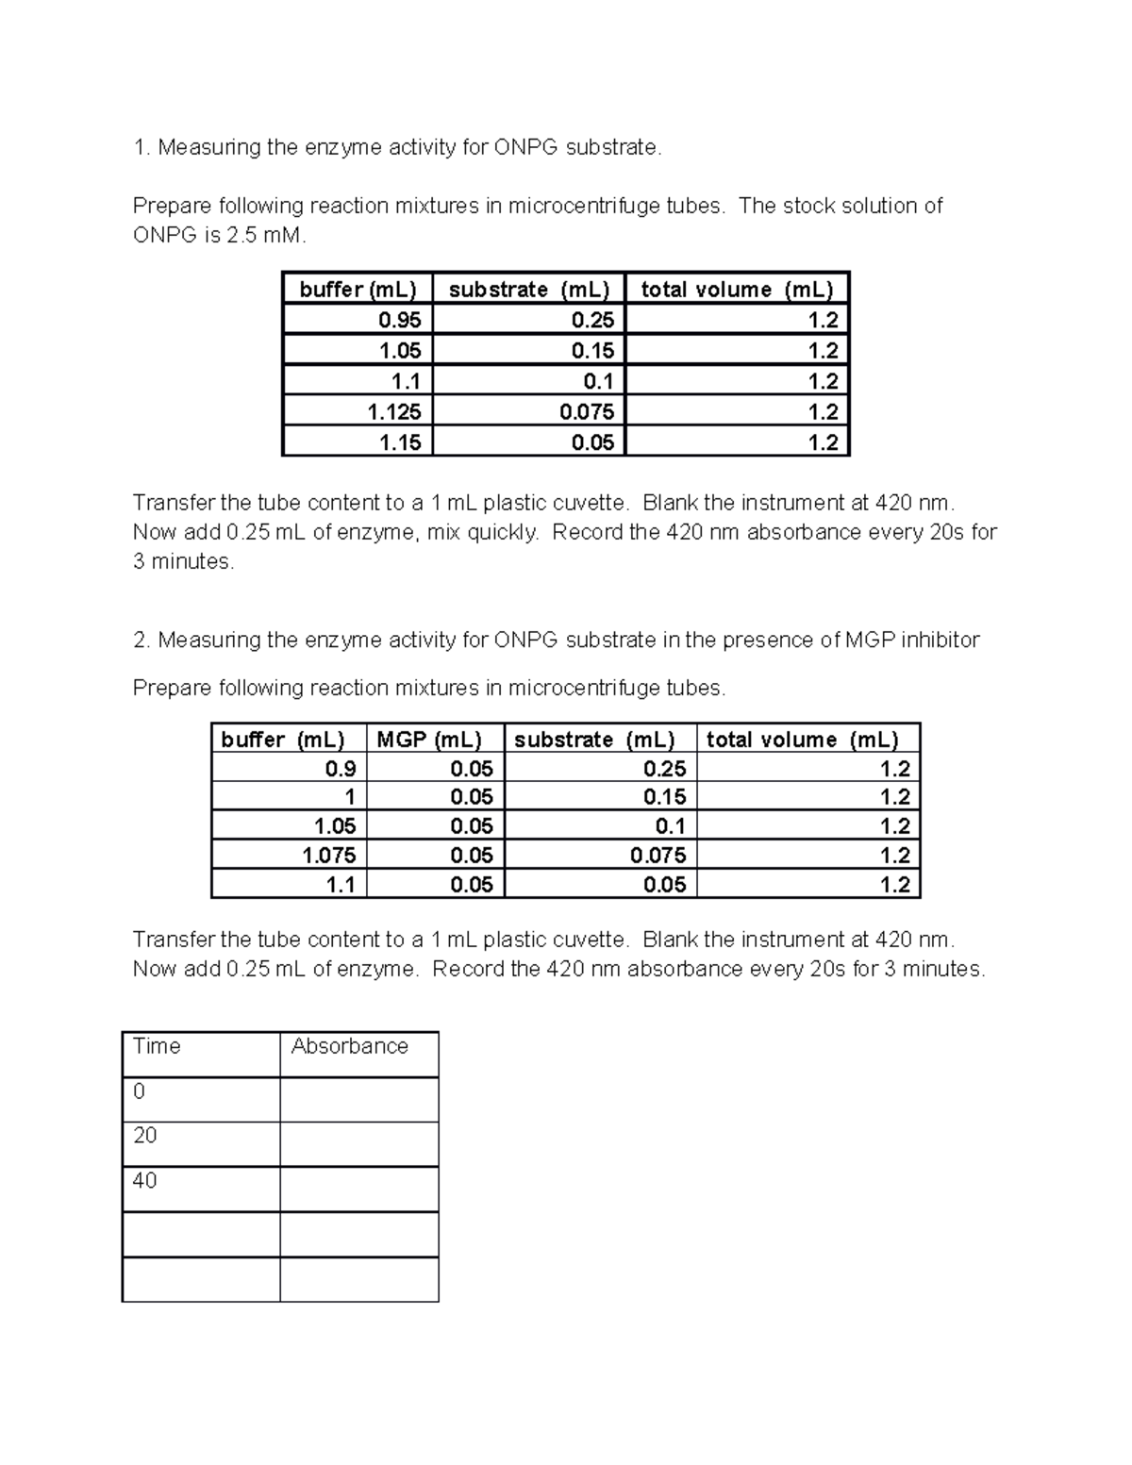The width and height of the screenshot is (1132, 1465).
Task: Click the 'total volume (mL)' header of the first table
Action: click(737, 290)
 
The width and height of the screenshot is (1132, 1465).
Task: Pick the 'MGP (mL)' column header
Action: click(429, 740)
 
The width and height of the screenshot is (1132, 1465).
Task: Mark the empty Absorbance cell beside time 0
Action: click(358, 1099)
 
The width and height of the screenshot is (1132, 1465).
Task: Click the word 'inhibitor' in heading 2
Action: click(940, 641)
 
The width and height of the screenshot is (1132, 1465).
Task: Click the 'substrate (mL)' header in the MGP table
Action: click(594, 740)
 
